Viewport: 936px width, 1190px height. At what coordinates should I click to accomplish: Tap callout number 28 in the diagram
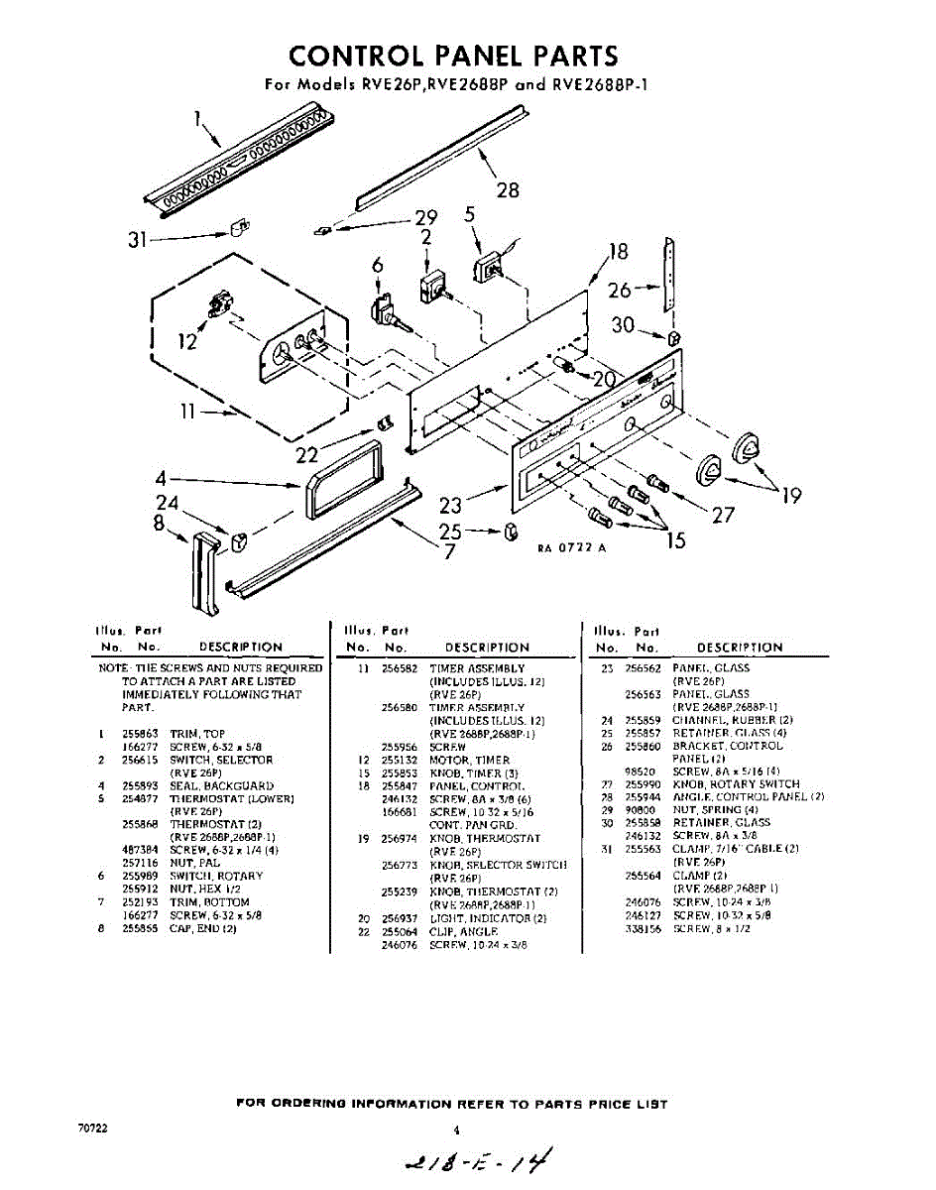507,189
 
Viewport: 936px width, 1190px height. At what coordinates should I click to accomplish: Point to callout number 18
619,252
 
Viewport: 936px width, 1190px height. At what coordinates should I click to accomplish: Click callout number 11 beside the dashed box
192,412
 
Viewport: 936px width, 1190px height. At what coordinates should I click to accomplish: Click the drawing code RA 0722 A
571,548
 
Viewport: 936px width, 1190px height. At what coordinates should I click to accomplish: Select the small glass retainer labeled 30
673,338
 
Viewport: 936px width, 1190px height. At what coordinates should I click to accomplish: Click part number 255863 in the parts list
138,734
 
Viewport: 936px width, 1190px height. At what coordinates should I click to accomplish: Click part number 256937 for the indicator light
399,918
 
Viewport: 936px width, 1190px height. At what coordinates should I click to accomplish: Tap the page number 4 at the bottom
456,1129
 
